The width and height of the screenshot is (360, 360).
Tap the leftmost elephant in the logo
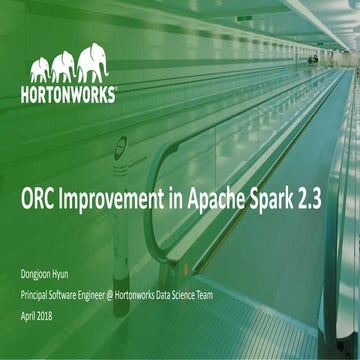tap(40, 71)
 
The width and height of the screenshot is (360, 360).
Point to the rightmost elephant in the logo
tap(92, 63)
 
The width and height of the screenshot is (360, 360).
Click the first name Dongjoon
tap(41, 275)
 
